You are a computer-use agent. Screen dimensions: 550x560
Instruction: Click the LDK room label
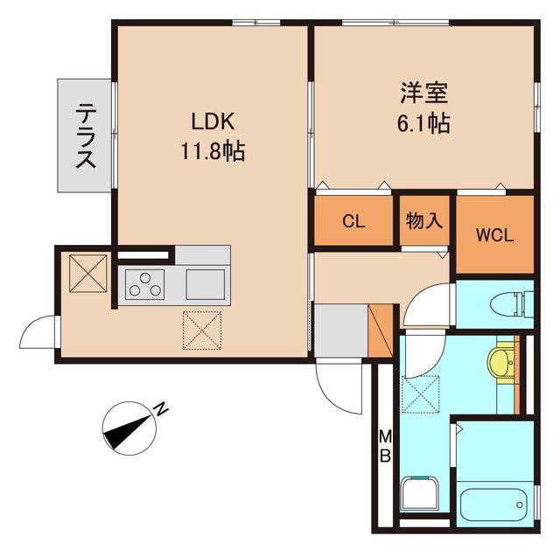coord(211,122)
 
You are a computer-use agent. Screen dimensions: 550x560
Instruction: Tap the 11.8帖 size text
coord(212,151)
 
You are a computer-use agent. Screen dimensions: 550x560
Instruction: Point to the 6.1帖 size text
coord(424,124)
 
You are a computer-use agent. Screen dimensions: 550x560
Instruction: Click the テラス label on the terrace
coord(86,136)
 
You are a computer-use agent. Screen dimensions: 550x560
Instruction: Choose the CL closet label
coord(353,222)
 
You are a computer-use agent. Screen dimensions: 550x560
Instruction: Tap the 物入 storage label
coord(424,221)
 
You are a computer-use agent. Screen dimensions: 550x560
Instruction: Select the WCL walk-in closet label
coord(494,235)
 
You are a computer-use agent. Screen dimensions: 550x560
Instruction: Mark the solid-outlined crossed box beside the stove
coord(88,273)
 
